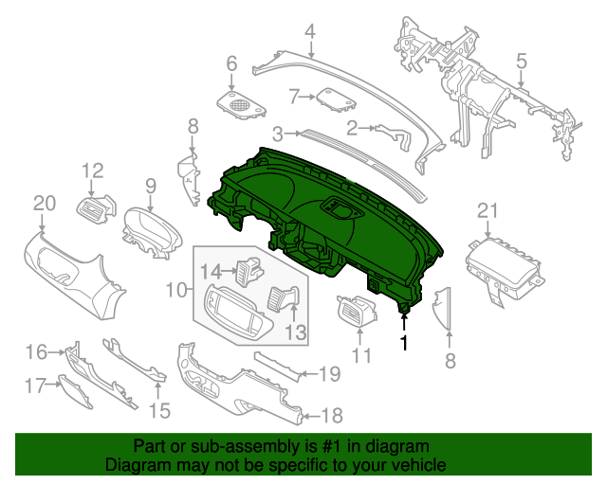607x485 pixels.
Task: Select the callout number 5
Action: [x=521, y=63]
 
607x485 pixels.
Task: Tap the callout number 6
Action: [x=230, y=64]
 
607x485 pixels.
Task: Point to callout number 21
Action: [x=487, y=210]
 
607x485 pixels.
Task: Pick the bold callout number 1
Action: [x=405, y=343]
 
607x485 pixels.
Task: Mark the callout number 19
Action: [x=328, y=373]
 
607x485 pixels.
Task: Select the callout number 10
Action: [x=176, y=286]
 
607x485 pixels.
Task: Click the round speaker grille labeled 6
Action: [x=242, y=101]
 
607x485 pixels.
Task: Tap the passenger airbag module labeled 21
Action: [x=503, y=263]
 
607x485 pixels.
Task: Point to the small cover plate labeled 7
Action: [x=333, y=98]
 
